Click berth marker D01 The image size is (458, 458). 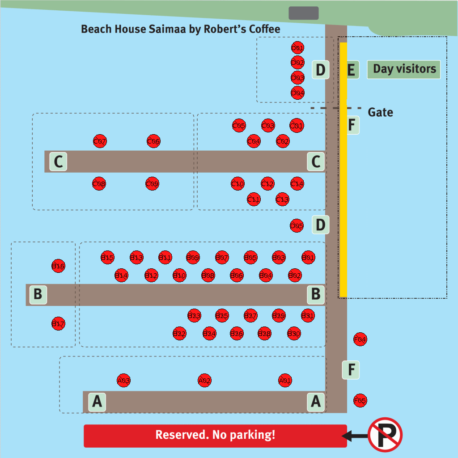(x=297, y=48)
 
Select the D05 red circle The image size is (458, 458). (x=297, y=226)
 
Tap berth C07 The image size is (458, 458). (x=100, y=142)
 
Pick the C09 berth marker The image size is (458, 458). (x=152, y=183)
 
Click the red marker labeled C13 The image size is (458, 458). (x=282, y=199)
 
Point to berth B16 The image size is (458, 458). (x=58, y=266)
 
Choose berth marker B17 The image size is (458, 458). (x=58, y=323)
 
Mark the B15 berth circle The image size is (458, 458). (x=107, y=257)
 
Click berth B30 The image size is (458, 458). (x=294, y=333)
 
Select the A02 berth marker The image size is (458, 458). (x=204, y=381)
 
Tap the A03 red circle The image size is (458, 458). (x=123, y=381)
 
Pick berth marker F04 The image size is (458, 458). (x=360, y=339)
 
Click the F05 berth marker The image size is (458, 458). (x=360, y=400)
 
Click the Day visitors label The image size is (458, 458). (x=404, y=69)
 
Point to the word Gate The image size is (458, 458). (x=380, y=112)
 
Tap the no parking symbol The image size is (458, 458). (x=385, y=435)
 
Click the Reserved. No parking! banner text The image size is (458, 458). (x=215, y=435)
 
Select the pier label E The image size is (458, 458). (x=351, y=70)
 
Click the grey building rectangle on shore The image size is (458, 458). (x=304, y=13)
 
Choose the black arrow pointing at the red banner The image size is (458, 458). (x=354, y=435)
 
